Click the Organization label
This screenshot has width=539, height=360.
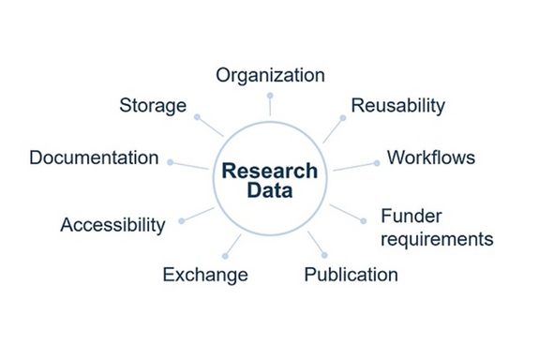pos(270,75)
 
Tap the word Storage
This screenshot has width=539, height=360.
pos(153,104)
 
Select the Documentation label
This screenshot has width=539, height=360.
pos(94,157)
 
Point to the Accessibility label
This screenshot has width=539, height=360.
pos(112,225)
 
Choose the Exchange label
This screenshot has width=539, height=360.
pos(205,275)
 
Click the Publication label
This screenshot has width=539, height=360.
pos(352,275)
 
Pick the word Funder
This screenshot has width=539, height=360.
pos(410,217)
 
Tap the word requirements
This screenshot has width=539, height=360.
pos(437,239)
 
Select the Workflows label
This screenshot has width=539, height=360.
pos(431,157)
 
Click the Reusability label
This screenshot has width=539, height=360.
pos(397,104)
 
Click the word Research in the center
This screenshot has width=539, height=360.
pos(270,172)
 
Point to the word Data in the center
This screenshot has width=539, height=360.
pos(270,191)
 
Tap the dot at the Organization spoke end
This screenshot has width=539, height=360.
pos(270,95)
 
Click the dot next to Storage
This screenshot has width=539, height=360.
pos(197,117)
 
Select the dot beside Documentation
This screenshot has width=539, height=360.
pos(170,161)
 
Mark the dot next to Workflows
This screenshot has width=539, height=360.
pos(376,162)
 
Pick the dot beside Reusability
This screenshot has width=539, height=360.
pos(342,118)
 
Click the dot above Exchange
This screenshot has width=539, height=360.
pos(226,255)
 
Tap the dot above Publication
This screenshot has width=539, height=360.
pos(324,254)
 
